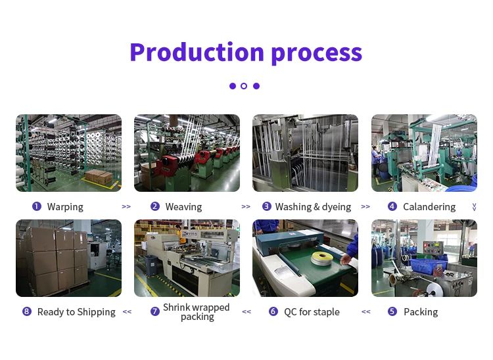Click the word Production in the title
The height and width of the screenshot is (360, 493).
[197, 52]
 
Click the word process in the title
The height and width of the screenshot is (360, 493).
[316, 54]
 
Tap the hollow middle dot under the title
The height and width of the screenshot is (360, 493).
[244, 86]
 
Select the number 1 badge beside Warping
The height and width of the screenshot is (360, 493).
[37, 206]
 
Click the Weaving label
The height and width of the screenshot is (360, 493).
[183, 207]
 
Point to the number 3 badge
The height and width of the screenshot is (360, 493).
[267, 206]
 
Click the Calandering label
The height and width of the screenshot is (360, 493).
[429, 207]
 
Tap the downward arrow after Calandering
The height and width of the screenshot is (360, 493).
[474, 207]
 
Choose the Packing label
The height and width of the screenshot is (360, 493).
[421, 312]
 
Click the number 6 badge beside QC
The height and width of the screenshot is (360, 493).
[273, 311]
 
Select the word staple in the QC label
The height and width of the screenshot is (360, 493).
[325, 312]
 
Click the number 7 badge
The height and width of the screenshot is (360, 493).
[154, 311]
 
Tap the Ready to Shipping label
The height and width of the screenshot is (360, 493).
[76, 312]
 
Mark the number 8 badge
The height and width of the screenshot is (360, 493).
[27, 311]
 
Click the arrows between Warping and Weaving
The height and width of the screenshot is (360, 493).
[126, 207]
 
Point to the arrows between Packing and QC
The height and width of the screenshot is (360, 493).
[365, 311]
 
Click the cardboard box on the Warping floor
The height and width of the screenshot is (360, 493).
[99, 177]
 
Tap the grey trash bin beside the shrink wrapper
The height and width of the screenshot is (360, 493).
[151, 265]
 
